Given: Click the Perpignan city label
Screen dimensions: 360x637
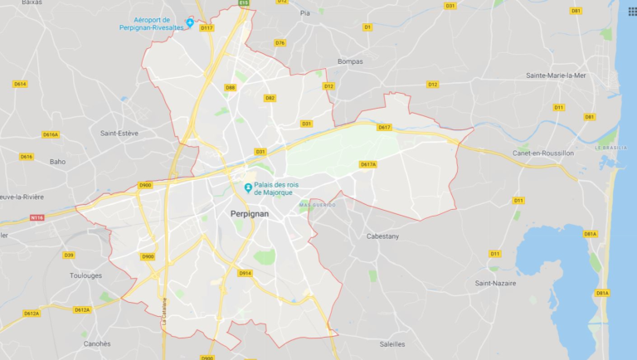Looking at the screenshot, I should tap(247, 214).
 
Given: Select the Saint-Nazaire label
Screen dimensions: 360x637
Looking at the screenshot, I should tap(495, 283).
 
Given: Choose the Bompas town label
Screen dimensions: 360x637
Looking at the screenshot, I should tap(350, 61).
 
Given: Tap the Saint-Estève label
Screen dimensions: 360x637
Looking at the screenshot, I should tap(119, 133).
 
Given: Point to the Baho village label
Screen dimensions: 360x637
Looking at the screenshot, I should tap(57, 162).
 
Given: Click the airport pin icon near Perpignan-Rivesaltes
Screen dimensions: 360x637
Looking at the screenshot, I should tap(190, 22).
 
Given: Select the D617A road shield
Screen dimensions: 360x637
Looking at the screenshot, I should tap(368, 164).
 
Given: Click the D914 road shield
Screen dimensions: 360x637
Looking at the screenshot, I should tap(245, 273).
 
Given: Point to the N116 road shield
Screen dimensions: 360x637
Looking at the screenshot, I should tap(36, 218).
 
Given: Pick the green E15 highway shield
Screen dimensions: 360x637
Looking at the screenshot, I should tap(244, 3).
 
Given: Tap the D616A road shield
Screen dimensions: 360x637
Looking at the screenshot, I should tap(51, 134).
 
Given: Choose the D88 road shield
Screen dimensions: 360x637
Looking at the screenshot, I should tap(230, 87).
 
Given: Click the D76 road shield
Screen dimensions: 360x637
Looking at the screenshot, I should tap(280, 43).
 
